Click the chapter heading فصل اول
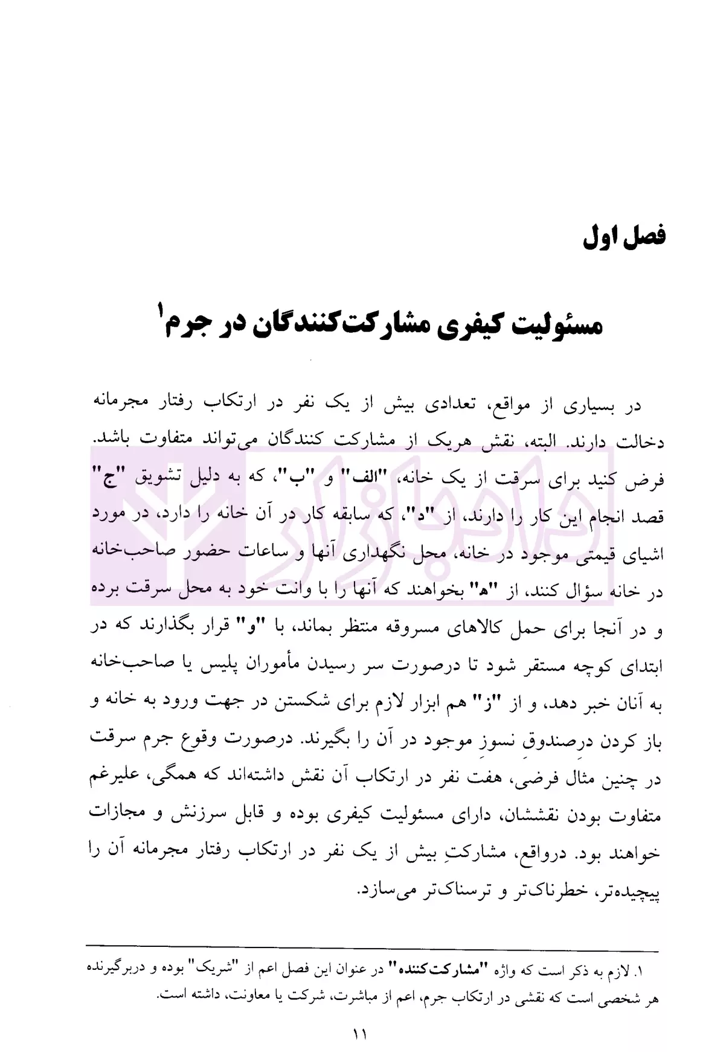coord(624,236)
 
